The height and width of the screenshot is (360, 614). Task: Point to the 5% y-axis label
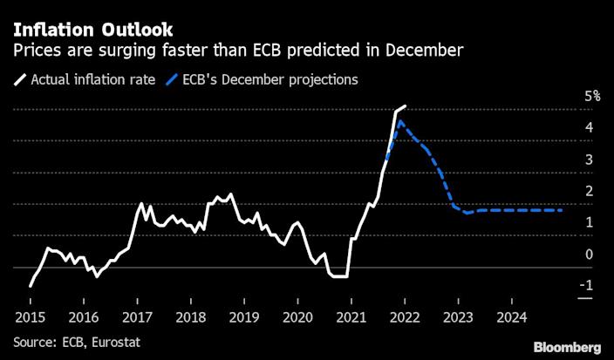tap(592, 97)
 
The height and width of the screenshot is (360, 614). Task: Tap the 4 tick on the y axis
tap(590, 128)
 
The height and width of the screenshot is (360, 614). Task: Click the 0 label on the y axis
tap(590, 255)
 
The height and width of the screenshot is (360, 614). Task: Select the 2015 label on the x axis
tap(30, 316)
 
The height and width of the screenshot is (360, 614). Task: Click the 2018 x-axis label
tap(190, 316)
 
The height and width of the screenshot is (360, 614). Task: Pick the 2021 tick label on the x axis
tap(351, 316)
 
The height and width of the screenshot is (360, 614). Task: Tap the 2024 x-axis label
tap(511, 316)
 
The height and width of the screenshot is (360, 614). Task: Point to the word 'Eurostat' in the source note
tap(116, 340)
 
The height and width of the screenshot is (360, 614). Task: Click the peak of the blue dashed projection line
tap(399, 121)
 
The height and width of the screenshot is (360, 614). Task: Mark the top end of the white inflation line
tap(406, 105)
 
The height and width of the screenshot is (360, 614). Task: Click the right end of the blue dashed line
tap(563, 210)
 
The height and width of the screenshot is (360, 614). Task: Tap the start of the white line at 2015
tap(31, 285)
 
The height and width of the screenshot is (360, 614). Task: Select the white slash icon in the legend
tap(19, 80)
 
